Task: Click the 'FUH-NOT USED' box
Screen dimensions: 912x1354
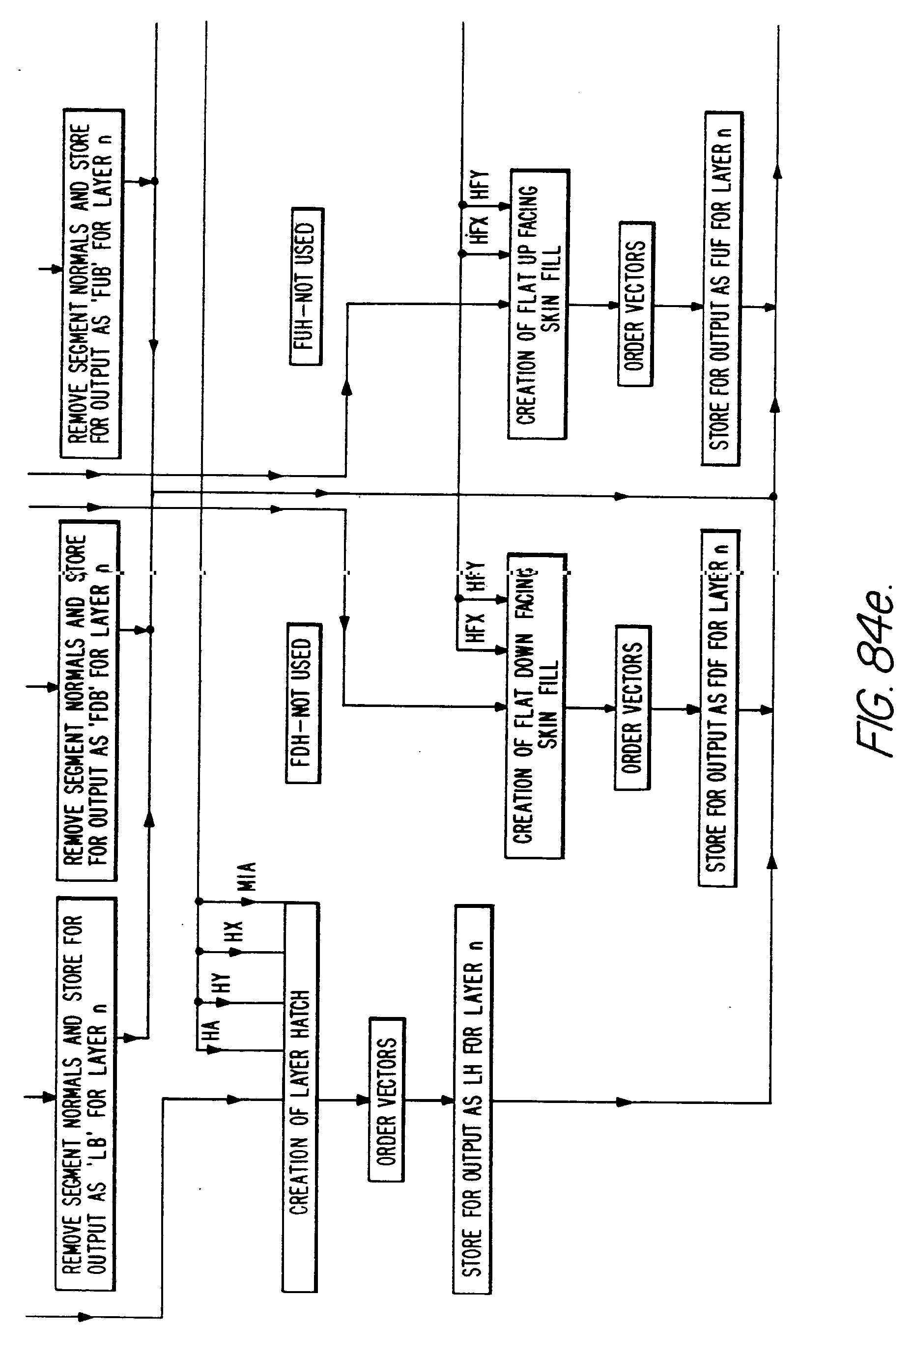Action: click(306, 286)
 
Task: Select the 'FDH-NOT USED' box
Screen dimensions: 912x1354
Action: click(303, 703)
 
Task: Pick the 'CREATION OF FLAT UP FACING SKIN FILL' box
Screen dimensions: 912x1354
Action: click(538, 304)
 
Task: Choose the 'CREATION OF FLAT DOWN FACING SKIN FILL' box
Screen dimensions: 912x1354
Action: click(535, 706)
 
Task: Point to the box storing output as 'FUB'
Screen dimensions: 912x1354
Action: click(92, 283)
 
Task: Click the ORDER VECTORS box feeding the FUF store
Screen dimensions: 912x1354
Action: click(636, 304)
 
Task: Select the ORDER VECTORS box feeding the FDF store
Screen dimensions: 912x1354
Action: click(633, 707)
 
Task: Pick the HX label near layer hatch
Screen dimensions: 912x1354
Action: click(232, 932)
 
